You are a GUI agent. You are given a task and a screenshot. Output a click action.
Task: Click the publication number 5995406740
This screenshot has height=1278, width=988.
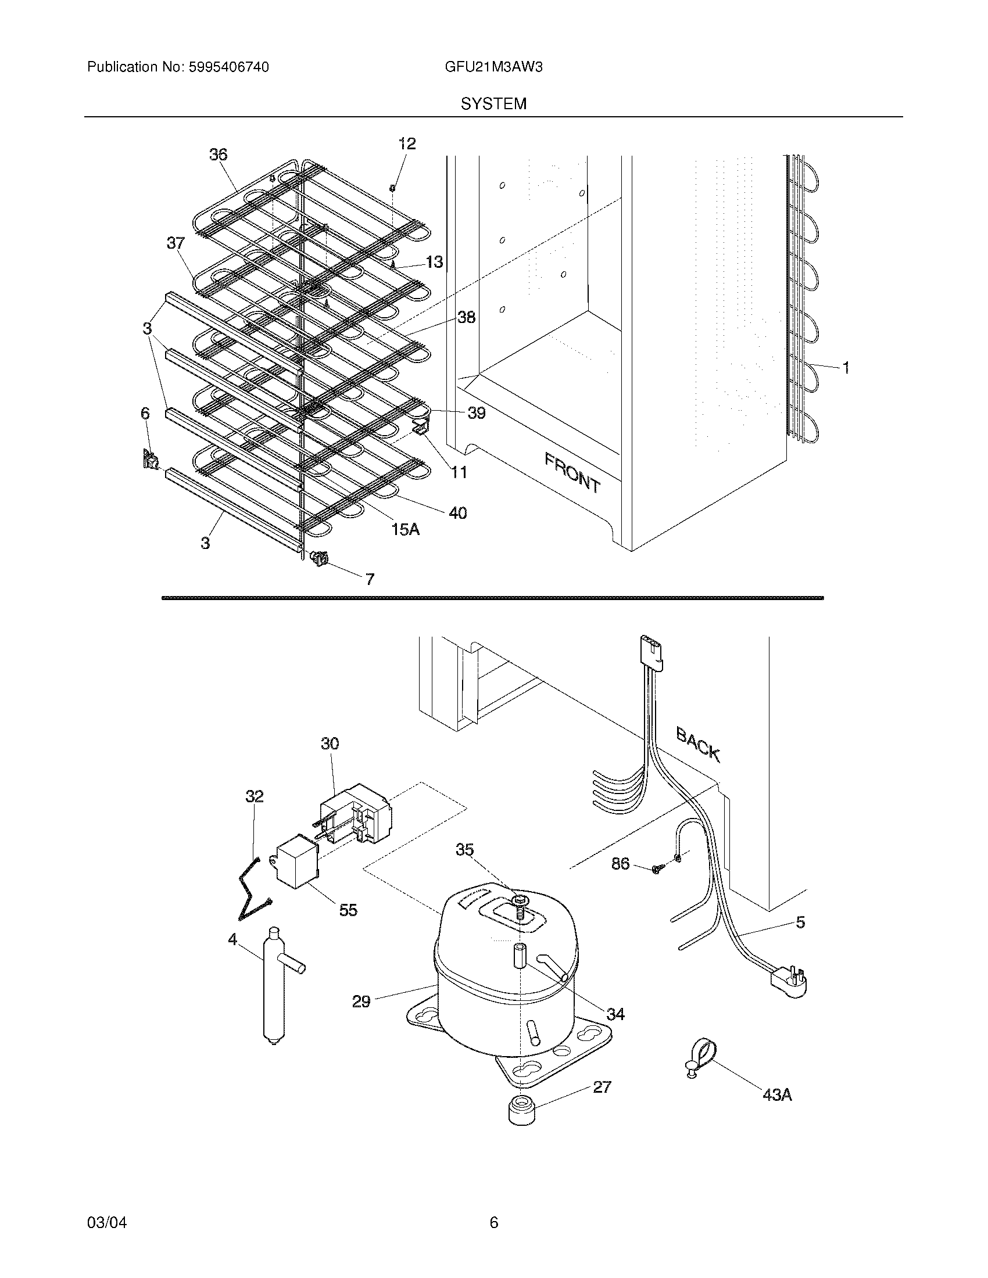(x=228, y=67)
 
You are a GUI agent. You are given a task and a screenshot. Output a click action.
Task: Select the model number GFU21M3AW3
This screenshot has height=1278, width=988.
(x=493, y=67)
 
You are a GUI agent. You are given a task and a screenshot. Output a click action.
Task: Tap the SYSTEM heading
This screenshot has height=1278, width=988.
(x=493, y=104)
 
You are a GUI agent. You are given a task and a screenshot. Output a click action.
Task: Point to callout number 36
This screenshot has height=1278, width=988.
(x=218, y=155)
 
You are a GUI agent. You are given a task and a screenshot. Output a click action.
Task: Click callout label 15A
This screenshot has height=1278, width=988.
(x=406, y=530)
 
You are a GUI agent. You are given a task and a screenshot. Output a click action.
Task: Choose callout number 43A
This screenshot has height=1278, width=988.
(x=777, y=1094)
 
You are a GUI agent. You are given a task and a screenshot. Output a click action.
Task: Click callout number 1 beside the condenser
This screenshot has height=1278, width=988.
(x=845, y=368)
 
